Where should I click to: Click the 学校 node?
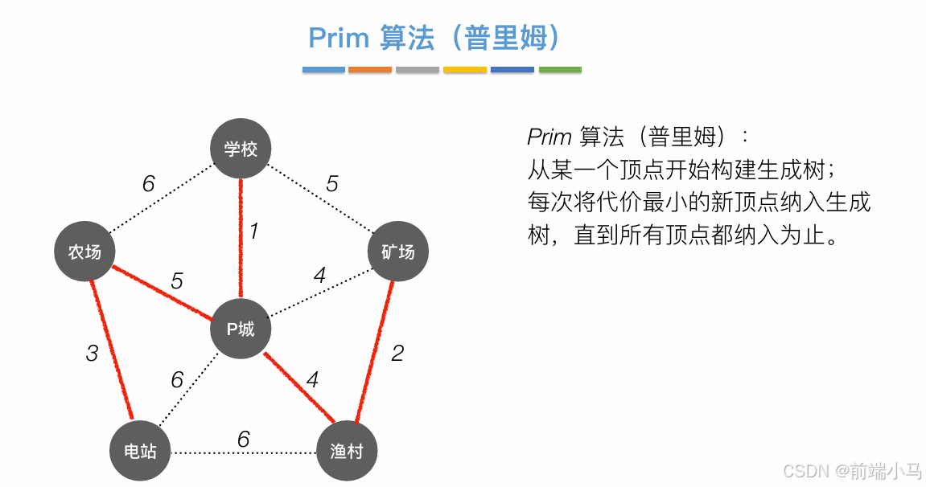(241, 149)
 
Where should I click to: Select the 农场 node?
(84, 252)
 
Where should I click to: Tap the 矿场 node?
(397, 252)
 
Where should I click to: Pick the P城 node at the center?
(241, 328)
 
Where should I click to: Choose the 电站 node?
(140, 451)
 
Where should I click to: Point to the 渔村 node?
(347, 451)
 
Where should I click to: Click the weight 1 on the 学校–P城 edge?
(254, 232)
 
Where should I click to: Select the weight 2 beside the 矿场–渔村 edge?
(397, 353)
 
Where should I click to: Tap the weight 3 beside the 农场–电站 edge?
(92, 353)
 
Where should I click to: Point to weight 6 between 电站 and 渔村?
(243, 440)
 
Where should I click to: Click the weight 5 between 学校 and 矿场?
(331, 184)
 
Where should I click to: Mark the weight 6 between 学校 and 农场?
(149, 184)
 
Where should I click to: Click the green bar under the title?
(560, 70)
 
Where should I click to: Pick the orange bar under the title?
(370, 70)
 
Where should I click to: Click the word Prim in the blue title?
(339, 38)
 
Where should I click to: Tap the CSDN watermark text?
(808, 470)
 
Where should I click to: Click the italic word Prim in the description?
(549, 137)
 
